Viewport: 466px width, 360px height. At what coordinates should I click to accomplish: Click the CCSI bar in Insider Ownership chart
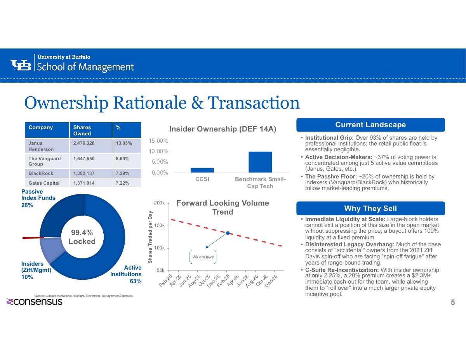202,170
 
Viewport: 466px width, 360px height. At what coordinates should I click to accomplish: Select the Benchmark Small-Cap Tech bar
260,162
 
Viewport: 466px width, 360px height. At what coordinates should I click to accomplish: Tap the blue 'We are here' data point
228,233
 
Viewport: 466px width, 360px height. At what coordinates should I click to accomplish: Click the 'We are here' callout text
203,257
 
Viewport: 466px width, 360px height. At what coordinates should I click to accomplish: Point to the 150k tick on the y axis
159,225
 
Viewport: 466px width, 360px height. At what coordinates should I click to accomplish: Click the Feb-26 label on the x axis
223,281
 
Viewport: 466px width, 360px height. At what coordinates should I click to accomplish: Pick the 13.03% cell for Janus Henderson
124,143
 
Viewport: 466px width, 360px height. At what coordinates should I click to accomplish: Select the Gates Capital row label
44,183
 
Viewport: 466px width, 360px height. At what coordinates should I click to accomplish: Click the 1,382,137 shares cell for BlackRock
84,173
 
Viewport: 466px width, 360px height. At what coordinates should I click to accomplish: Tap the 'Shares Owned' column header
82,130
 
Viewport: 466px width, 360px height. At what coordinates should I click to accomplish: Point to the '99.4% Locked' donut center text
82,237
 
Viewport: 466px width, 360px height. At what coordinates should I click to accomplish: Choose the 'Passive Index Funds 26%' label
38,198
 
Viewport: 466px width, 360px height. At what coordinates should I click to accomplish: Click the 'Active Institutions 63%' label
126,274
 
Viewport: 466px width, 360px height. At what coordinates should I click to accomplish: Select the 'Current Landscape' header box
370,125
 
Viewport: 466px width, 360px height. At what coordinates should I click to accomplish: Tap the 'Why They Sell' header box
370,208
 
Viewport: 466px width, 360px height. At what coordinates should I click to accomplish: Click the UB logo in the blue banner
21,65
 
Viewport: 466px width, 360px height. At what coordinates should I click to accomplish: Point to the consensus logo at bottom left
34,301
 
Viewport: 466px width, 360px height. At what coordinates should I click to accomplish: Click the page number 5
453,302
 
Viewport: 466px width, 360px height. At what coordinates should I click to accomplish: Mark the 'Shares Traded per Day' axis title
150,237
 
